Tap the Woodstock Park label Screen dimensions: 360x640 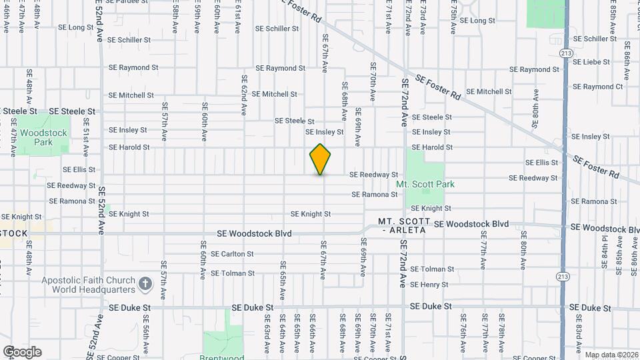[43, 137]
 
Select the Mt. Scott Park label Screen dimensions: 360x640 [425, 184]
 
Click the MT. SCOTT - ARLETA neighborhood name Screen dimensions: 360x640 [402, 225]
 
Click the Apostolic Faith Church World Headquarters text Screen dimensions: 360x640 [89, 285]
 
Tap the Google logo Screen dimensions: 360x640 [22, 352]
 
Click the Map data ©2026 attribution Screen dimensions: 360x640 [611, 355]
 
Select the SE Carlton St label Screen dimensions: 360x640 [232, 254]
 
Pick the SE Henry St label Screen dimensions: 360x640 [429, 285]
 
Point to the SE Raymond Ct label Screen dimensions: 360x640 [597, 87]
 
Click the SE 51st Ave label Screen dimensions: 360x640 [86, 133]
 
